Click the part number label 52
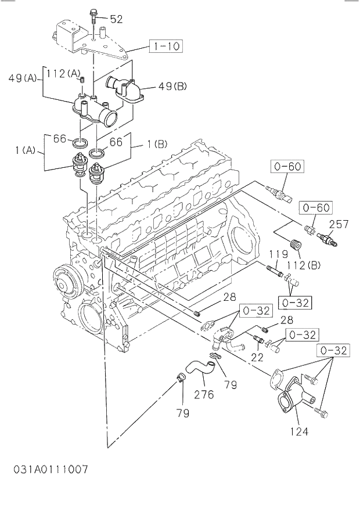pos(116,19)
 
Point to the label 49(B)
pos(172,87)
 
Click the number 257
pos(339,223)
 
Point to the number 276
pos(204,395)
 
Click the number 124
pos(298,431)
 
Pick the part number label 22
pos(257,358)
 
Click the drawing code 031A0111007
pos(51,469)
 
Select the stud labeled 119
pos(274,269)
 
